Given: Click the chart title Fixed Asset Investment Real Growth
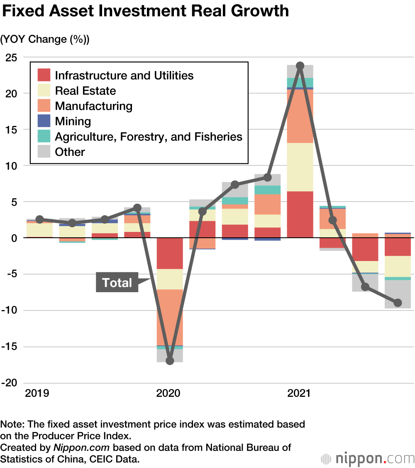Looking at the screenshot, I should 145,11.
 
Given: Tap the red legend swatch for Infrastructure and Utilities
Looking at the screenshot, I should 44,75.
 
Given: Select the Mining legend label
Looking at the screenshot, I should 73,121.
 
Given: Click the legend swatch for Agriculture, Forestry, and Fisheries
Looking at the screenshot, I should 44,136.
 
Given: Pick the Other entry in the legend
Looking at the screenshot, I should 70,152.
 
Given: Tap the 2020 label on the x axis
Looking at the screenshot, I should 168,393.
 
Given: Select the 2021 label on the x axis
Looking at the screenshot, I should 299,393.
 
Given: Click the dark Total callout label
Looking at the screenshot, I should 117,283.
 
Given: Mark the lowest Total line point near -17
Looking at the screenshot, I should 170,360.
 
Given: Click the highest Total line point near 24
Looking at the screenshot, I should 300,66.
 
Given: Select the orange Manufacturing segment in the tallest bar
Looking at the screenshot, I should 300,116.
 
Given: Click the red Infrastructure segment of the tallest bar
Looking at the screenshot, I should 300,214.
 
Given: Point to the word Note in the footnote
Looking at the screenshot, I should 12,424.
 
